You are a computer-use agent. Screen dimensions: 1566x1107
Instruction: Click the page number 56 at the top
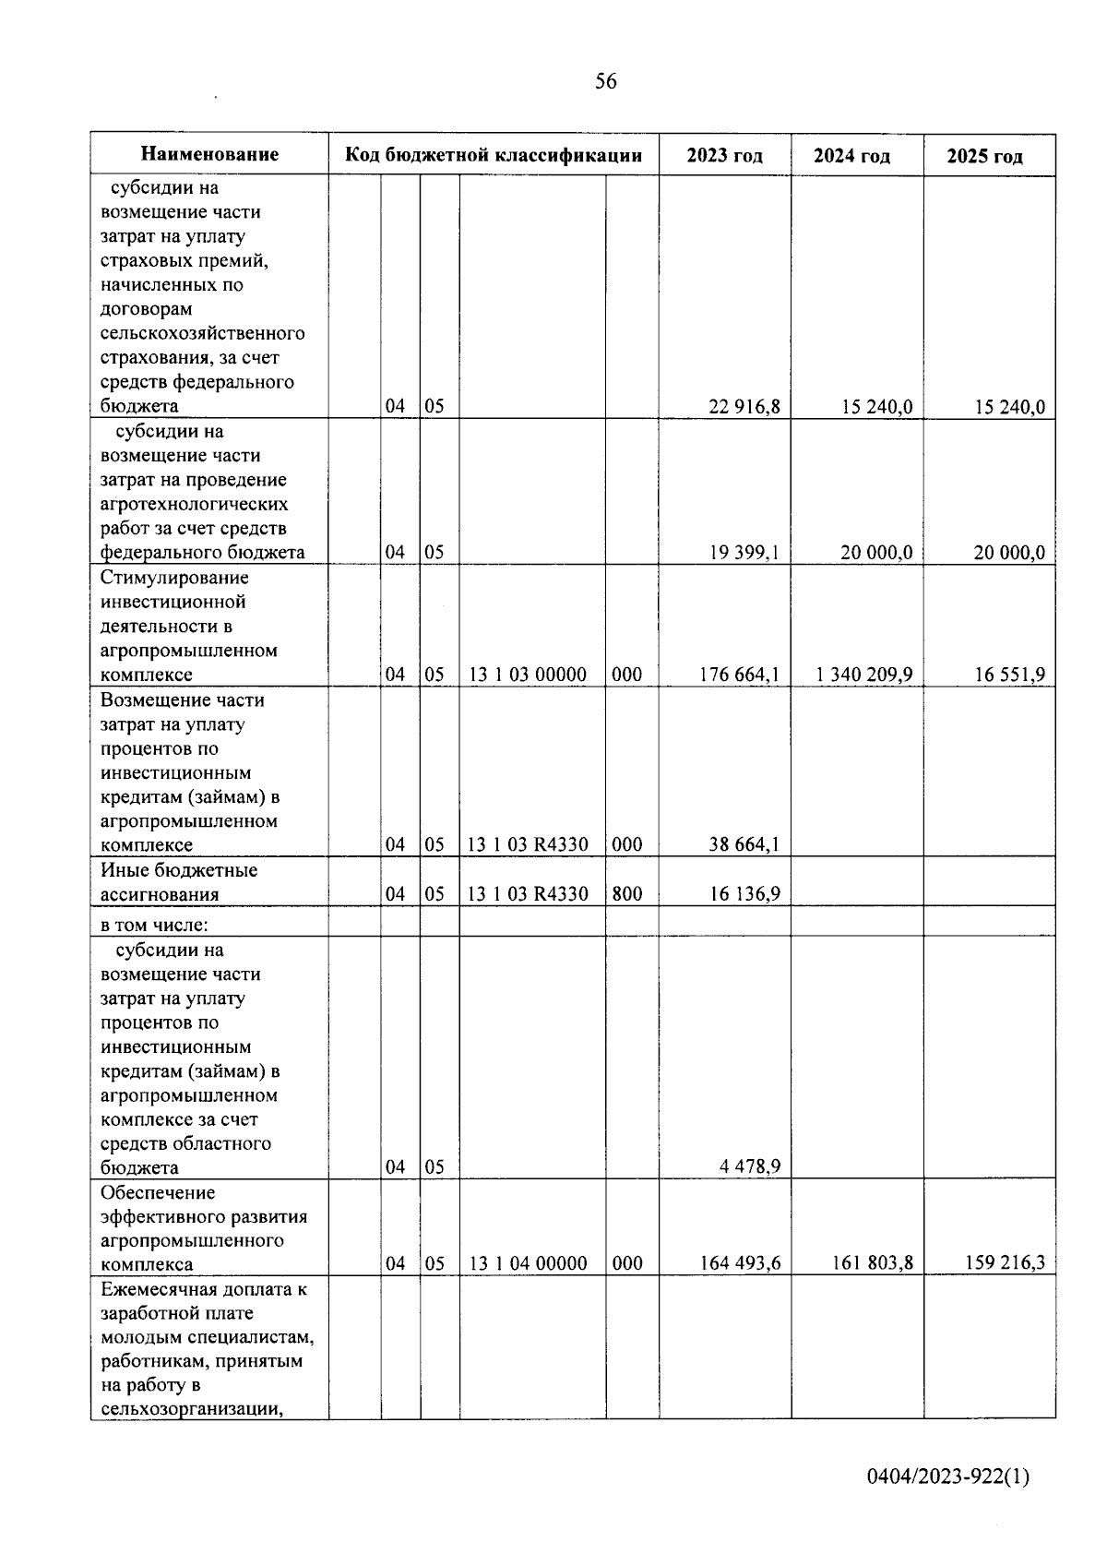[x=606, y=81]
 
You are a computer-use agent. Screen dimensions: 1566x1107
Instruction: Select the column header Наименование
[x=209, y=154]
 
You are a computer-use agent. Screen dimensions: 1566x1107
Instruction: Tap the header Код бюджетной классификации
[x=494, y=154]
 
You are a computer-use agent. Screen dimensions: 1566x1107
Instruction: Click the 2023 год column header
[x=725, y=155]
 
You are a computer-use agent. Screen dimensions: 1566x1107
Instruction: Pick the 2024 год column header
[x=851, y=155]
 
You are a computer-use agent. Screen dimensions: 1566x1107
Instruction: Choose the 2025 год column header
[x=985, y=156]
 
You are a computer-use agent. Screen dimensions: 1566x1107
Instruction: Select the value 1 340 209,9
[x=864, y=675]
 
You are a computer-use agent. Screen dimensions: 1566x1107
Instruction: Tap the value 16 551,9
[x=1010, y=675]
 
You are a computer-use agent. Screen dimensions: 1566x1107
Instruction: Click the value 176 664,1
[x=740, y=675]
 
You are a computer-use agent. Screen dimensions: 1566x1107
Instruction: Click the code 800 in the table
[x=627, y=893]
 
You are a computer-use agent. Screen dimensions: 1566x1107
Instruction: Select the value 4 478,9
[x=750, y=1166]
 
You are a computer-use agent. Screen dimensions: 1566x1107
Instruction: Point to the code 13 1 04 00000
[x=528, y=1263]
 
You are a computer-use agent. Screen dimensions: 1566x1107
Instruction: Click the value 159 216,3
[x=1005, y=1263]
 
